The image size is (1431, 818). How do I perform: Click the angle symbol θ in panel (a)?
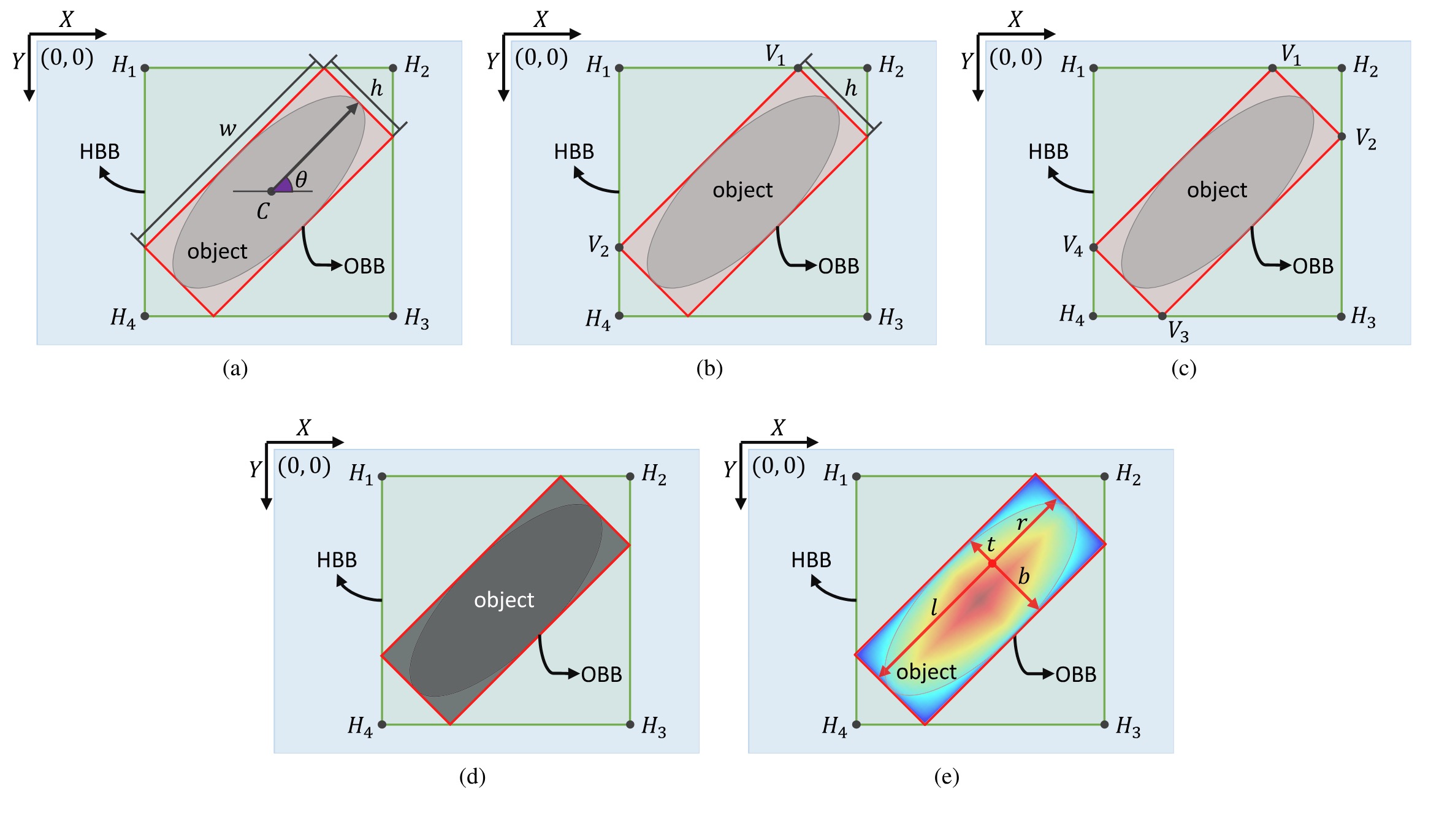(x=301, y=180)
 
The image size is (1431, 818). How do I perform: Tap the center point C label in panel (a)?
(x=263, y=212)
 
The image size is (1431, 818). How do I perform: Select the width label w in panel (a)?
(x=227, y=129)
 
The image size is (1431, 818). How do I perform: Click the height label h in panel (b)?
(x=851, y=89)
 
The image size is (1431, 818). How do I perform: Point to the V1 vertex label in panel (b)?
(x=775, y=55)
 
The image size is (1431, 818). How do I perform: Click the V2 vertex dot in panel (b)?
(x=619, y=248)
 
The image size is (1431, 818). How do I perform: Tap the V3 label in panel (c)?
(x=1178, y=332)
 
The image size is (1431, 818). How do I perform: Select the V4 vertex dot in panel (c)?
(x=1093, y=248)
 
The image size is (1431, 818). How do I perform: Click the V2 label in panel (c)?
(x=1366, y=139)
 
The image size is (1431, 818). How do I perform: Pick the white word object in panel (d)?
(x=504, y=600)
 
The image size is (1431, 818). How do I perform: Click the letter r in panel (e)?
(x=1021, y=523)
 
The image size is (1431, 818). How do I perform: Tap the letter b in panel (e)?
(x=1023, y=576)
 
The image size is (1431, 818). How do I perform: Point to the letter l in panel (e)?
(x=934, y=607)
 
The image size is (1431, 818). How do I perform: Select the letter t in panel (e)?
(x=991, y=544)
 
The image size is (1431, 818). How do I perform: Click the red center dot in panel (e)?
(x=992, y=563)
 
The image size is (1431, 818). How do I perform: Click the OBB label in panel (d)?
(x=601, y=675)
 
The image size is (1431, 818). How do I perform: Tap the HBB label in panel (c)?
(x=1048, y=151)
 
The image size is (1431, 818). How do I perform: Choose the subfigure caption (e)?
(x=947, y=777)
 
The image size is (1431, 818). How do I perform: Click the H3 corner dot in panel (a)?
(x=393, y=316)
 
